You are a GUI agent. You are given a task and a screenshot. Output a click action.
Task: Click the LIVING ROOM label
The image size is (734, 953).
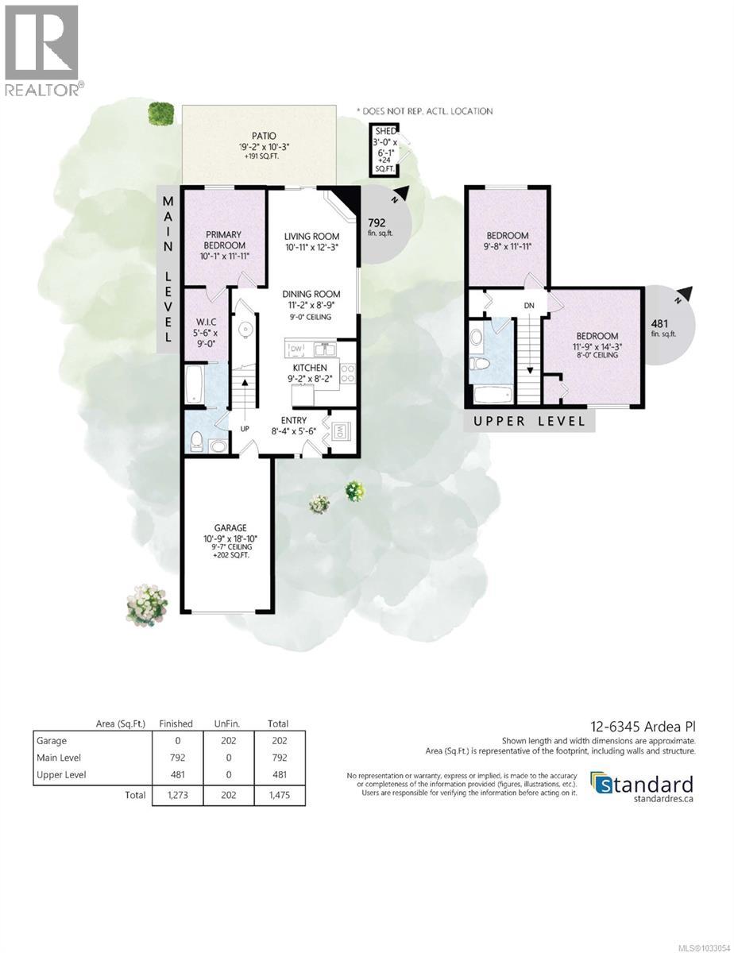pyautogui.click(x=312, y=236)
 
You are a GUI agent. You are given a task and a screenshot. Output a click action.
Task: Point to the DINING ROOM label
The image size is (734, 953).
pyautogui.click(x=312, y=293)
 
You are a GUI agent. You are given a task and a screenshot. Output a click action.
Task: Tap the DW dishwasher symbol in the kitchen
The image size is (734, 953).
pyautogui.click(x=296, y=349)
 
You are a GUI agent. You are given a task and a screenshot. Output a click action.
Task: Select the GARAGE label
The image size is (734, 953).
pyautogui.click(x=230, y=527)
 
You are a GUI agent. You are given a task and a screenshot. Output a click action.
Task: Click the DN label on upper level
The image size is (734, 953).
pyautogui.click(x=528, y=305)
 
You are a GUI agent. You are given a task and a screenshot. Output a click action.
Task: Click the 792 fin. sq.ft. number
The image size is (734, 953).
pyautogui.click(x=377, y=222)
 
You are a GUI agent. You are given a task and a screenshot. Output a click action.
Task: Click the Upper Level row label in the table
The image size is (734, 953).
pyautogui.click(x=62, y=774)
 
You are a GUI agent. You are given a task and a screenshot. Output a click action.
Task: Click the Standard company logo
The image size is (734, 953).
pyautogui.click(x=642, y=785)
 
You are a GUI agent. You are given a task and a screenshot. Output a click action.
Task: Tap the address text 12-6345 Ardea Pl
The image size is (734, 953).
pyautogui.click(x=644, y=726)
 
